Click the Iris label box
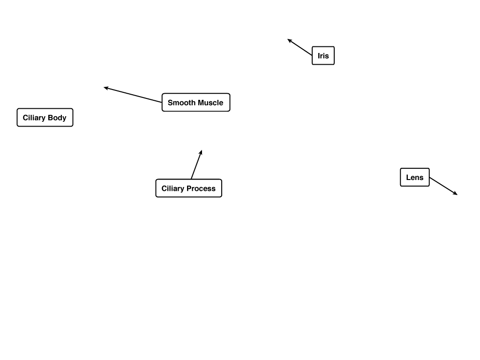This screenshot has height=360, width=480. point(323,55)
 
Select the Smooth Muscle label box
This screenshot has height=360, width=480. point(196,102)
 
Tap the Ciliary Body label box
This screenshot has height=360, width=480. point(45,117)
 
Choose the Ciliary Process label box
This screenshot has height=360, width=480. point(188,188)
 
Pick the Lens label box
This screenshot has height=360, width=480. point(415,177)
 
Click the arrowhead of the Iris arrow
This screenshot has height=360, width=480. point(287,39)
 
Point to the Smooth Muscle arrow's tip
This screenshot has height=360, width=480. point(104,88)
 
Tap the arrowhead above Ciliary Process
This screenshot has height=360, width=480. point(202,150)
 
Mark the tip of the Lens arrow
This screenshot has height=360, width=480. point(457,195)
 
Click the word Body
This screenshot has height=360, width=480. point(57,118)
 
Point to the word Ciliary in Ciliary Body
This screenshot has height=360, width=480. point(34,118)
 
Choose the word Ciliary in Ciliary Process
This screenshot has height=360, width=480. point(172,188)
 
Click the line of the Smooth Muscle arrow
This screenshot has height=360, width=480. point(133,95)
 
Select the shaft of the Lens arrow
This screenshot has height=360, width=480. point(443,186)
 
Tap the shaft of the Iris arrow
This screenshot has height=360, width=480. point(300,47)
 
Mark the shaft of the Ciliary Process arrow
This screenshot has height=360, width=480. point(196,165)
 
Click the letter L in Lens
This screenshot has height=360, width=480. point(408,177)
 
